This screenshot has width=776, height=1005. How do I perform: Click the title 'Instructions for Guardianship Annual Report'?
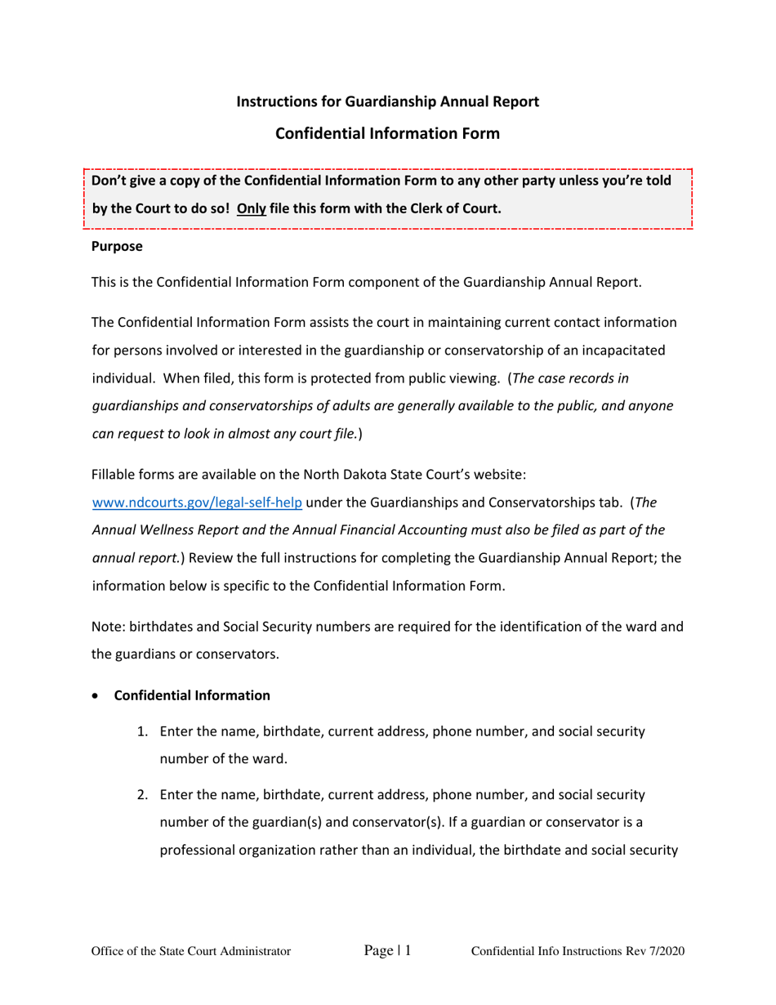click(387, 102)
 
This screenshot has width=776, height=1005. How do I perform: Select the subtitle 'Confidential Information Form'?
click(387, 133)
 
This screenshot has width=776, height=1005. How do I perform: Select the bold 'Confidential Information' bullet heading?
click(192, 696)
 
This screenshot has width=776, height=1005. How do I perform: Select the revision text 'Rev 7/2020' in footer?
click(653, 952)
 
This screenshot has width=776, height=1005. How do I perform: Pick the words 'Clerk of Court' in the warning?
click(458, 208)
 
